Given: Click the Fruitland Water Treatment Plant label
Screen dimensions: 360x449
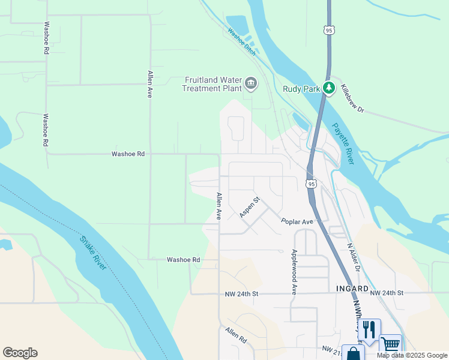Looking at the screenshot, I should (x=213, y=83).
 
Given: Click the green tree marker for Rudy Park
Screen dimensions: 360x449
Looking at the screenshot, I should (x=328, y=88).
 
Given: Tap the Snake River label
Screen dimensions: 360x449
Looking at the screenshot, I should (x=93, y=253).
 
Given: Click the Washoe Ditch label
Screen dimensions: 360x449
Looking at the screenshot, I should (x=241, y=43).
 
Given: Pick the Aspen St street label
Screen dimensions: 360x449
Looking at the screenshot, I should (x=249, y=207).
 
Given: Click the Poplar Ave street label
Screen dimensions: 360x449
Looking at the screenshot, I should (x=297, y=221).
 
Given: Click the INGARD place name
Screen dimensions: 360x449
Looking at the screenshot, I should (x=352, y=289).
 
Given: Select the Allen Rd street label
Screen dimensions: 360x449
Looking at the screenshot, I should (x=237, y=335).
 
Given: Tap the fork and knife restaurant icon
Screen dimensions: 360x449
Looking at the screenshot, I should (x=369, y=329).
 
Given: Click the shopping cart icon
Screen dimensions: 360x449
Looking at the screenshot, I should (x=391, y=344).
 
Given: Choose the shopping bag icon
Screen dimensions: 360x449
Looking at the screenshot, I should (x=352, y=353).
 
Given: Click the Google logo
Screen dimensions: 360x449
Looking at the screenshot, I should (x=20, y=353).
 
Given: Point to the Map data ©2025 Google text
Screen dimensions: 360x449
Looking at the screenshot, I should (x=412, y=355).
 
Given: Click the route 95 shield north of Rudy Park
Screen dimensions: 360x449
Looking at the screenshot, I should (x=328, y=30).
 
